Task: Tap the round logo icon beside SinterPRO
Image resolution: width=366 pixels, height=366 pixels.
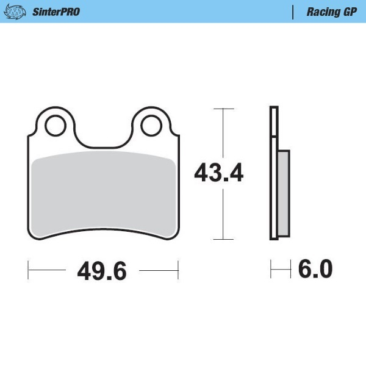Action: (18, 12)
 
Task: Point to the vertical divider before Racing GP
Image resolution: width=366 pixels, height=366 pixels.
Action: (293, 12)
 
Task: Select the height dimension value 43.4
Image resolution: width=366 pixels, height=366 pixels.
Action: (219, 174)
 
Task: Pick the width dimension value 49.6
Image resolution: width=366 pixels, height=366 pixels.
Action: (102, 270)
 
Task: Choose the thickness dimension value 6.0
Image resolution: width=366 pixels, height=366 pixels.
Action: (315, 268)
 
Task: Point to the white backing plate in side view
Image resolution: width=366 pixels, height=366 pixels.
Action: (274, 174)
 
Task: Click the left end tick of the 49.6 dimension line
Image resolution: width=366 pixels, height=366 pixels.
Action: (29, 269)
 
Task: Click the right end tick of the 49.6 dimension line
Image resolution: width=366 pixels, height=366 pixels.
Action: (178, 269)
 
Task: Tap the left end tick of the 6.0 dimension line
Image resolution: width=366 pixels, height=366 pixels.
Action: (271, 268)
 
